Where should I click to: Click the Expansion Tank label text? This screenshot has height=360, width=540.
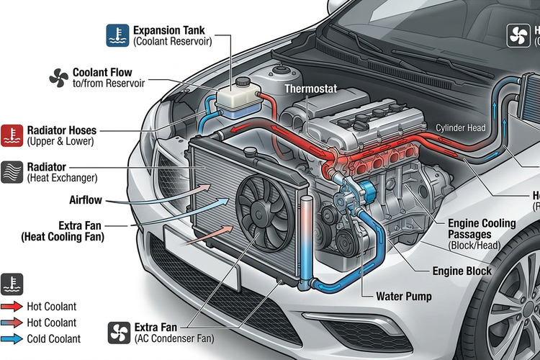(x=169, y=31)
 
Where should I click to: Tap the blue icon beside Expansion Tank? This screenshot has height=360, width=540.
(x=117, y=35)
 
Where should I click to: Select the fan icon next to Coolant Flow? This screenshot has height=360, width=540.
(x=58, y=78)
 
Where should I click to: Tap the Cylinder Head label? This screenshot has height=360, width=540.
(x=461, y=127)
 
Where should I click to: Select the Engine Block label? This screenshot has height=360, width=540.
(x=462, y=271)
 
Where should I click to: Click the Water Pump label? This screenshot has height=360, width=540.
(x=405, y=296)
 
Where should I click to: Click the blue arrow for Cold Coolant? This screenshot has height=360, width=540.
(x=12, y=339)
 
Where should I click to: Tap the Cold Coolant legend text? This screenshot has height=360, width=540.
(x=54, y=339)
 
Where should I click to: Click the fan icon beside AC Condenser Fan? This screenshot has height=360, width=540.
(x=119, y=332)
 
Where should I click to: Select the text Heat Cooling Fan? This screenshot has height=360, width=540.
(x=63, y=236)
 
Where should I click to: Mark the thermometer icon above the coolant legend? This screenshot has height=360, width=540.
(x=12, y=284)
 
